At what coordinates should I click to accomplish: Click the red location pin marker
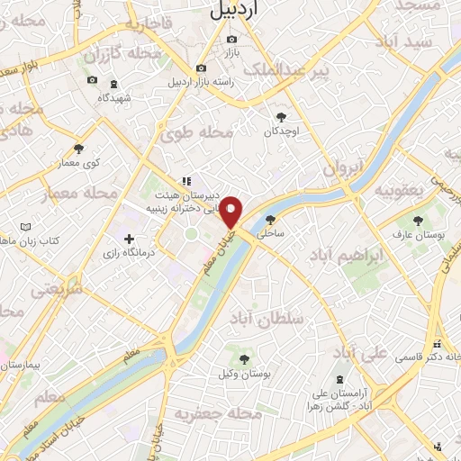point(231,212)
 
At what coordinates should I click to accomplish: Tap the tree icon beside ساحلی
point(269,219)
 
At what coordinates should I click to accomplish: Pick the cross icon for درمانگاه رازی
point(131,240)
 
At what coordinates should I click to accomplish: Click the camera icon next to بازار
point(232,40)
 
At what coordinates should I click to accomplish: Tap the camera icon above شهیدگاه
point(92,80)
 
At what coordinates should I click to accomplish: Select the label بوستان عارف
point(407,235)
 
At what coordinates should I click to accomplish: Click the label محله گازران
point(125,56)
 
